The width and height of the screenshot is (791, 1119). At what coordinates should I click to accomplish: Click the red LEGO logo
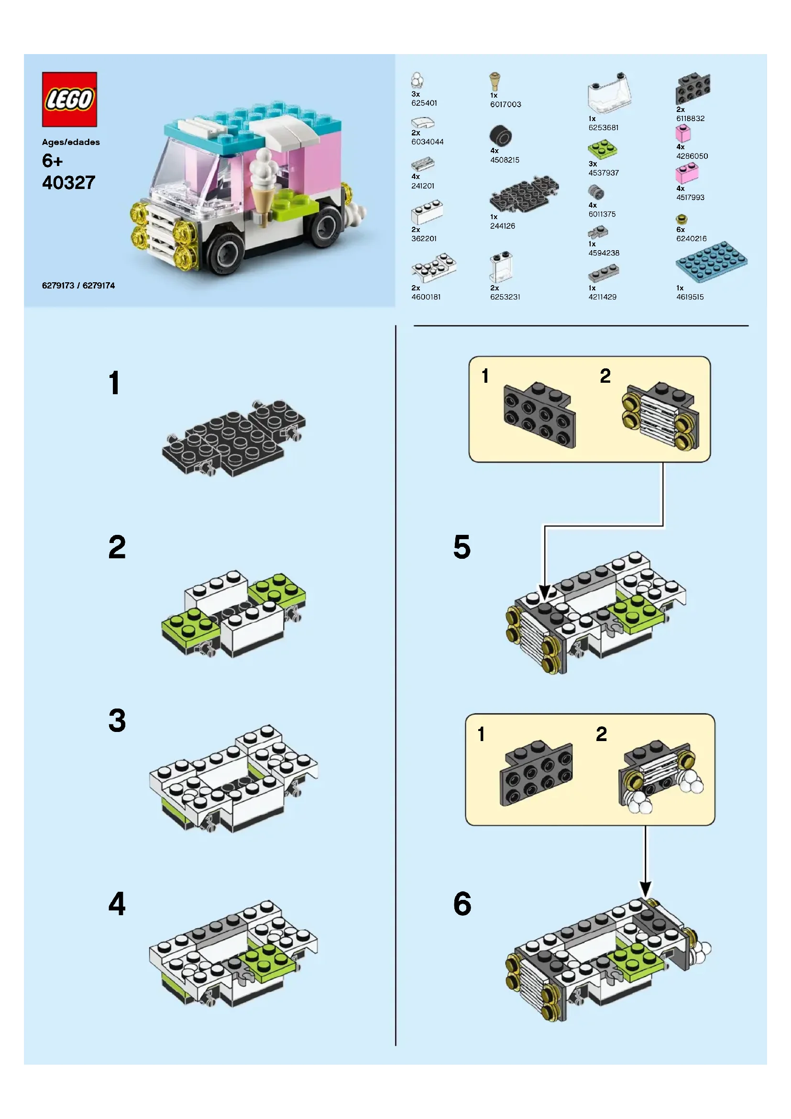pos(69,100)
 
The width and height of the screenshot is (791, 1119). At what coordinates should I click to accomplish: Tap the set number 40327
pos(69,183)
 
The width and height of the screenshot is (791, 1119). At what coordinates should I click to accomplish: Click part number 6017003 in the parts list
pos(505,104)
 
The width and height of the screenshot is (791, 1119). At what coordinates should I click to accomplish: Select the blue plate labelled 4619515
pos(711,262)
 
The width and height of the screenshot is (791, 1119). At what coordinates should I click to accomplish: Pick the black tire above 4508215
pos(501,135)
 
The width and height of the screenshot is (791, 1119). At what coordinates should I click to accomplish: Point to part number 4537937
pos(604,173)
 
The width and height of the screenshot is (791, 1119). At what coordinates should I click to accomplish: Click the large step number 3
pos(117,720)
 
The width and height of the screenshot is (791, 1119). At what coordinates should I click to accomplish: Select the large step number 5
pos(462,547)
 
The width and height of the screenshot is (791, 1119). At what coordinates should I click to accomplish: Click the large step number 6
pos(462,904)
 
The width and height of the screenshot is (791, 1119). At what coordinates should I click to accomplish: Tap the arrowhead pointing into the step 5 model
pos(545,591)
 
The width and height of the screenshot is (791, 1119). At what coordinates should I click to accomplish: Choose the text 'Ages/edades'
pos(71,142)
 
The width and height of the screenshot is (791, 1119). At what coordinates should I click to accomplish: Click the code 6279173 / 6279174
pos(78,286)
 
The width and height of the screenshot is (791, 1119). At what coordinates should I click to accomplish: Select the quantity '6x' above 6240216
pos(681,230)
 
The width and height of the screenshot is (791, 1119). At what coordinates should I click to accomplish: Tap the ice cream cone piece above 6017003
pos(494,81)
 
